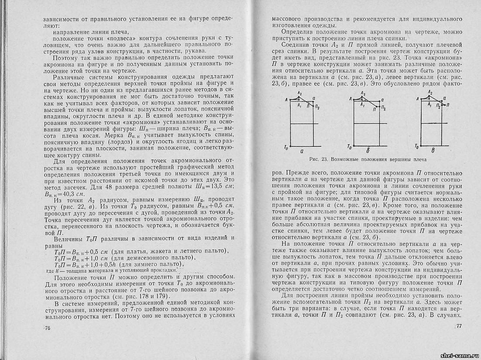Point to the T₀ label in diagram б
click(x=348, y=147)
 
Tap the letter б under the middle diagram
click(x=369, y=151)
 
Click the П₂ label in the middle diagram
click(x=383, y=107)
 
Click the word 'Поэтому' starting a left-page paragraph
click(x=65, y=57)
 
